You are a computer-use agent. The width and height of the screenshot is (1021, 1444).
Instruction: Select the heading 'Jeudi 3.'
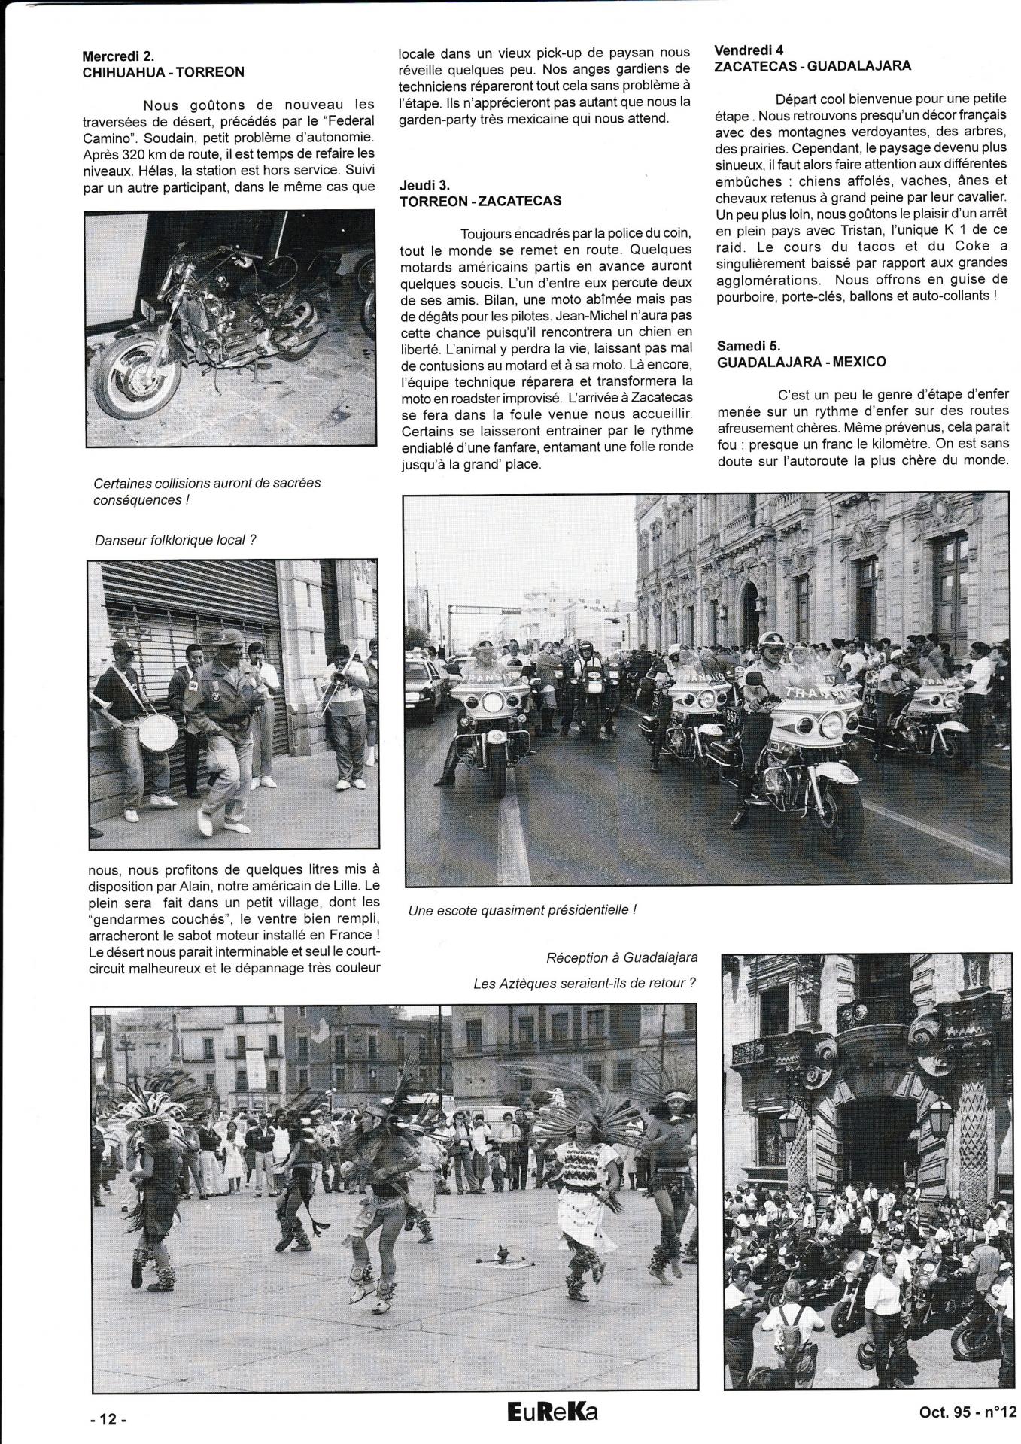(427, 184)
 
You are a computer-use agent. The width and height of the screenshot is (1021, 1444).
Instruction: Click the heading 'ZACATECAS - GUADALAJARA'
(813, 65)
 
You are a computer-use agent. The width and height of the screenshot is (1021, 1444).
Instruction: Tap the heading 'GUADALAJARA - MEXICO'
(801, 362)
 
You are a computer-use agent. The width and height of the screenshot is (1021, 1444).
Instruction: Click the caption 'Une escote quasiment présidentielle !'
(522, 909)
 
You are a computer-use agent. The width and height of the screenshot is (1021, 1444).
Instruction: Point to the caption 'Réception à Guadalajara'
(621, 957)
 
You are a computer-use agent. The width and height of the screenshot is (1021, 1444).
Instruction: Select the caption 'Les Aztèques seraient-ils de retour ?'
(584, 983)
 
